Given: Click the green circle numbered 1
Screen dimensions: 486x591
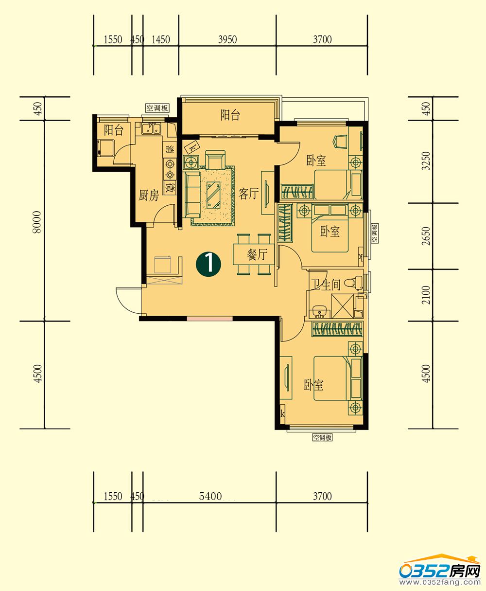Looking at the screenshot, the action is click(x=208, y=264).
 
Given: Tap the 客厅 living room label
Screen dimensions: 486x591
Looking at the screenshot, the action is click(x=248, y=194).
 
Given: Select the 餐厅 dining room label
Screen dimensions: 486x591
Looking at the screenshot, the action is click(x=257, y=254).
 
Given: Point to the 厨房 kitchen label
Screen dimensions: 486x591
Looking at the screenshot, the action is click(x=149, y=195).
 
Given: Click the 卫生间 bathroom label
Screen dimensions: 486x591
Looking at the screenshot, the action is click(x=326, y=285).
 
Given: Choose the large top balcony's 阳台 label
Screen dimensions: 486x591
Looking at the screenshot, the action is click(x=230, y=115).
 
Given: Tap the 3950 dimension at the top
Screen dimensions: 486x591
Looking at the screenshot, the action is click(x=227, y=39).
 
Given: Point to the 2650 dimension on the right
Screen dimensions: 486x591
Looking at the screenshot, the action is click(x=426, y=236).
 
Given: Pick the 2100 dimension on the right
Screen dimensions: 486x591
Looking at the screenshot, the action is click(x=426, y=295).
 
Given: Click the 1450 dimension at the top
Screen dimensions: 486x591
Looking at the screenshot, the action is click(x=161, y=39).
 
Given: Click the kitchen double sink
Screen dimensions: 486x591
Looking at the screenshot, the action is click(x=151, y=128).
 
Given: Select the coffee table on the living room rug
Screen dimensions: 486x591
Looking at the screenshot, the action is click(x=213, y=195).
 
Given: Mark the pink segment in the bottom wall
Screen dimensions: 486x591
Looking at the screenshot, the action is click(x=209, y=318).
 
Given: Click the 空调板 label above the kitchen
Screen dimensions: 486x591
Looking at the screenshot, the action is click(x=157, y=108).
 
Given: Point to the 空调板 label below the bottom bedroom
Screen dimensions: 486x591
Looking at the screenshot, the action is click(x=322, y=437).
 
